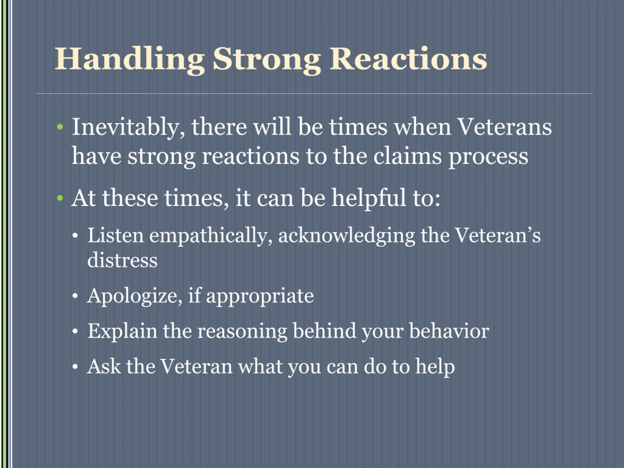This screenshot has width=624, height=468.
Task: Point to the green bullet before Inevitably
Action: pos(60,127)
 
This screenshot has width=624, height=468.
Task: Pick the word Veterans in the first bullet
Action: pos(504,127)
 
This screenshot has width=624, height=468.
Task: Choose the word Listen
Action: pos(115,235)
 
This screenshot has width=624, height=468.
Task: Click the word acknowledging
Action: pos(346,237)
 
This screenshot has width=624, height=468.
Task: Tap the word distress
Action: pos(122,260)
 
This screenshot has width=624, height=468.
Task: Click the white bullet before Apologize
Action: pos(75,296)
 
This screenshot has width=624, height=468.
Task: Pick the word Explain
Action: pos(122,332)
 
